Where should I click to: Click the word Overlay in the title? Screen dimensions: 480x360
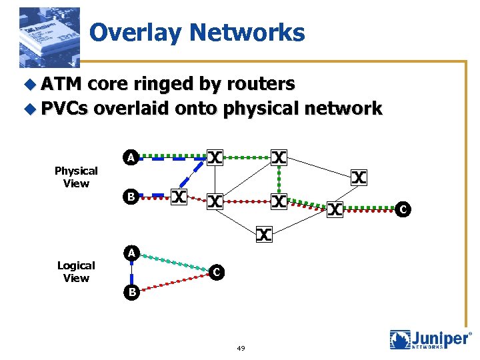click(x=133, y=32)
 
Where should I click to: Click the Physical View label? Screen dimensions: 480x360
click(x=76, y=177)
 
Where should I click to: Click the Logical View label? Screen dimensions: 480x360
click(x=76, y=271)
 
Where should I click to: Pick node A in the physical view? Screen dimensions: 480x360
click(x=132, y=158)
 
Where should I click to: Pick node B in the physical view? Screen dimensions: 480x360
click(x=132, y=197)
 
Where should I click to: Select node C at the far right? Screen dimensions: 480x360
click(x=401, y=210)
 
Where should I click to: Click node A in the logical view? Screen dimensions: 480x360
click(x=132, y=253)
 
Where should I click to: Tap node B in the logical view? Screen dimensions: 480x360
click(x=132, y=291)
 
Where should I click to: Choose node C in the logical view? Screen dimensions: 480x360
click(x=215, y=272)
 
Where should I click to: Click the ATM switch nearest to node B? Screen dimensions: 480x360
click(x=179, y=197)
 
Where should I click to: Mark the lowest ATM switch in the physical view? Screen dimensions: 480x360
click(x=265, y=234)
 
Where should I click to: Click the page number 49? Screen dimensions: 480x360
click(x=241, y=348)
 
